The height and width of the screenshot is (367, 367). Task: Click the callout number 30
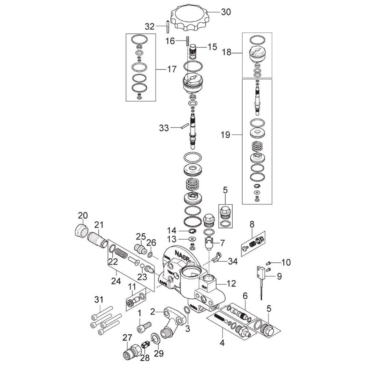(226, 12)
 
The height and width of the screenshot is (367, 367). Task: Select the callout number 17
(172, 69)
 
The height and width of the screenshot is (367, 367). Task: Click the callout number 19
(225, 135)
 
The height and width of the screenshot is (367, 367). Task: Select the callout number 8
(252, 224)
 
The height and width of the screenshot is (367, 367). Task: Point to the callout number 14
(172, 230)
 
